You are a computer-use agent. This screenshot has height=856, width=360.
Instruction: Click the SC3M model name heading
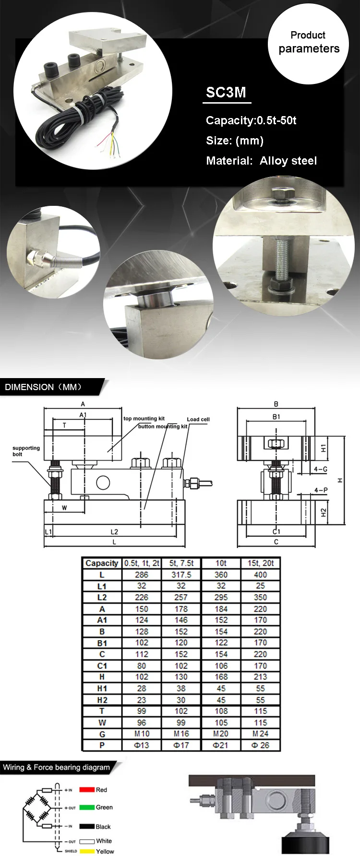coord(226,92)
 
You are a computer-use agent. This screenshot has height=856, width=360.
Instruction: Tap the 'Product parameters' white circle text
coord(308,42)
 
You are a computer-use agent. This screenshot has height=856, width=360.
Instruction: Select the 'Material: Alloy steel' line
coord(261,161)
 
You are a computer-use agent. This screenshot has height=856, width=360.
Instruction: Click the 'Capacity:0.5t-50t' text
coord(251,120)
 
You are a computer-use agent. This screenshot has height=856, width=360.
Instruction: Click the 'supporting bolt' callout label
coord(26,451)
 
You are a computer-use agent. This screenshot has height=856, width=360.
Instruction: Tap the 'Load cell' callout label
coord(198,419)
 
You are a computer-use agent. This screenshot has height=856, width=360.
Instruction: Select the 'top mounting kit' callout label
coord(144,418)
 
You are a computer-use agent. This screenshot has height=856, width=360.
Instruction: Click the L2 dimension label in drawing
coord(114,532)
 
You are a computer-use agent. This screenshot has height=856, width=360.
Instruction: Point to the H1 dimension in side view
coord(324,448)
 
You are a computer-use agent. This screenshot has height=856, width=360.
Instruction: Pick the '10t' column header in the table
coord(221,563)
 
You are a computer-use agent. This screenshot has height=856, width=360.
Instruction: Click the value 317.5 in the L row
coord(181,575)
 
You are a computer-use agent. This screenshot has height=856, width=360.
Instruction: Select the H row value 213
coord(260,677)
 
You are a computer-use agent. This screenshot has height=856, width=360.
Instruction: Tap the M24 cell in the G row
coord(260,734)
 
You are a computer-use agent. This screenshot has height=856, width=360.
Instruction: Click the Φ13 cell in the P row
coord(142,745)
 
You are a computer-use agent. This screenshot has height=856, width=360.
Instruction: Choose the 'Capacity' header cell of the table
coord(102,563)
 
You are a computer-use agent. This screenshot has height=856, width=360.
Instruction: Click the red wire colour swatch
coord(86,790)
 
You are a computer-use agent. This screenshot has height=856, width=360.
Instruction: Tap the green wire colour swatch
coord(86,808)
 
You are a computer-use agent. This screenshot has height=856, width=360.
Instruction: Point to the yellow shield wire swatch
coord(86,851)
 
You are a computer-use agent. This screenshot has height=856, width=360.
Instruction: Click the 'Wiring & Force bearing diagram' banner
coord(56,767)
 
